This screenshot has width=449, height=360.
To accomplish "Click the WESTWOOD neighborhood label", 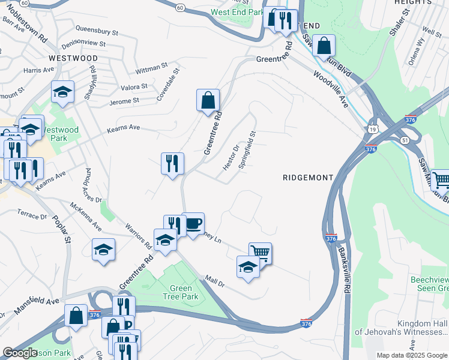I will point(73,58).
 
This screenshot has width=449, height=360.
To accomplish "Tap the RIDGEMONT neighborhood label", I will point(307,178).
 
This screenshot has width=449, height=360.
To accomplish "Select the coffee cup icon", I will point(193,224).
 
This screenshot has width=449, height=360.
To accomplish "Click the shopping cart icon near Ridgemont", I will point(260,253).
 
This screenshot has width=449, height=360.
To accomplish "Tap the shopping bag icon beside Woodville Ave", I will point(324,46).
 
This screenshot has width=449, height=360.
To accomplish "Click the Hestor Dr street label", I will point(232,156).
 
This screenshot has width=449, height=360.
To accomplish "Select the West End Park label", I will point(237,12).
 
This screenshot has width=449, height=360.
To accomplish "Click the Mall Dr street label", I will point(214,280).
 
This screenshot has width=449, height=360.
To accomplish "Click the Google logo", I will point(20,353).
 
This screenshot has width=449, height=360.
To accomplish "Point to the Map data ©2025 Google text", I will point(412,355).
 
